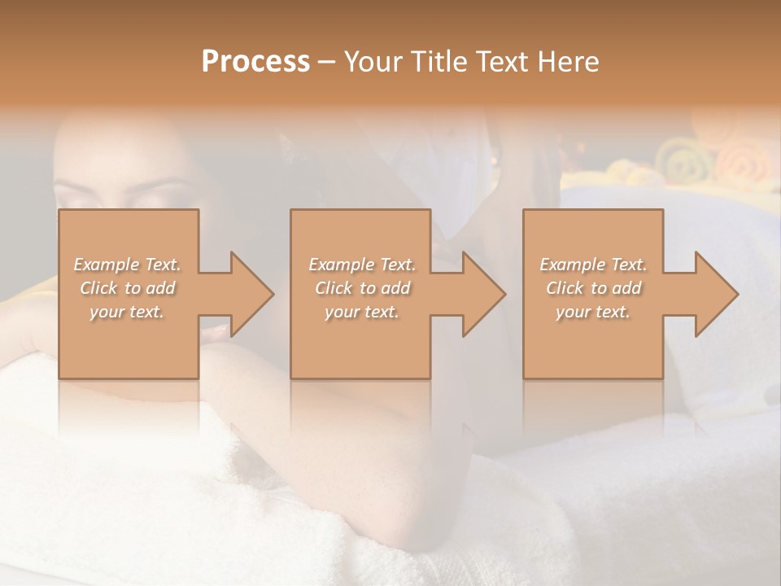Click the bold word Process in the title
click(255, 62)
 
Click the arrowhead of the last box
click(714, 294)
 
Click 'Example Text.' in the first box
click(127, 265)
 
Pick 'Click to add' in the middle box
click(361, 288)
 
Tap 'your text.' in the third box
click(593, 312)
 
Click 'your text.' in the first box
click(127, 312)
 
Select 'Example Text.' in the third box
click(593, 265)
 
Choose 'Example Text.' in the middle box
click(361, 265)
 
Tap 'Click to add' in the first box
click(127, 288)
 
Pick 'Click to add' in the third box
click(593, 288)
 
